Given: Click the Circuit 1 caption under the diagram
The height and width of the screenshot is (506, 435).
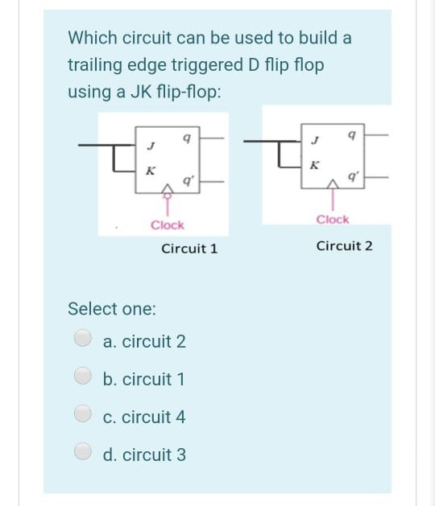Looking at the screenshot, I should (x=189, y=249).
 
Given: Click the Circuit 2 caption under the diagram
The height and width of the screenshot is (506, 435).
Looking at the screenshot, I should (x=344, y=245).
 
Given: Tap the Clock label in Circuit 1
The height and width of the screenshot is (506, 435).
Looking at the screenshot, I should (x=167, y=225).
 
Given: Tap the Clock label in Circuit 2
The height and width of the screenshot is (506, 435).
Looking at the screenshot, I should (x=333, y=220).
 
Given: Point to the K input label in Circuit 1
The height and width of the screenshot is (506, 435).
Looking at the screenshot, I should (x=149, y=170).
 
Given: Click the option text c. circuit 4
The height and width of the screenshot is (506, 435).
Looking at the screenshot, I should (x=145, y=417).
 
